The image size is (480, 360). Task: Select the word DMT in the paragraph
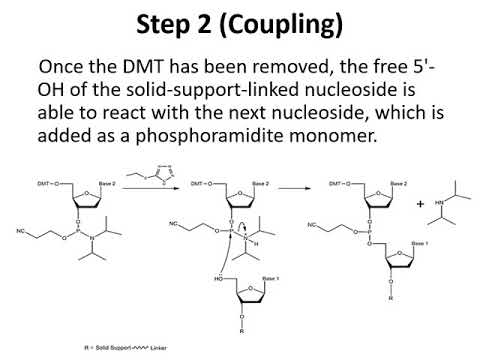116,68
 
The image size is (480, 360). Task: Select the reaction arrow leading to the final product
292,186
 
